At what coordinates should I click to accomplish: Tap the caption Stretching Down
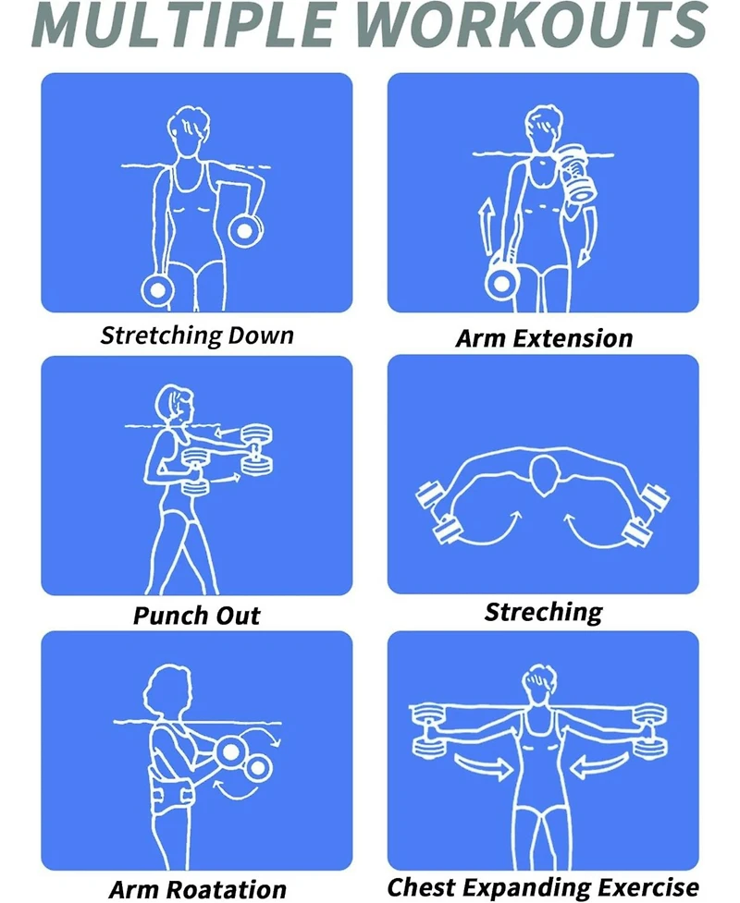(196, 335)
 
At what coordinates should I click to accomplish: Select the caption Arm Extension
(544, 338)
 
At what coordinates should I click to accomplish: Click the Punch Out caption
(196, 616)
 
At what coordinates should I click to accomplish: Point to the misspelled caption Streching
(543, 612)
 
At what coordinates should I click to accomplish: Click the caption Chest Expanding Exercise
(543, 887)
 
